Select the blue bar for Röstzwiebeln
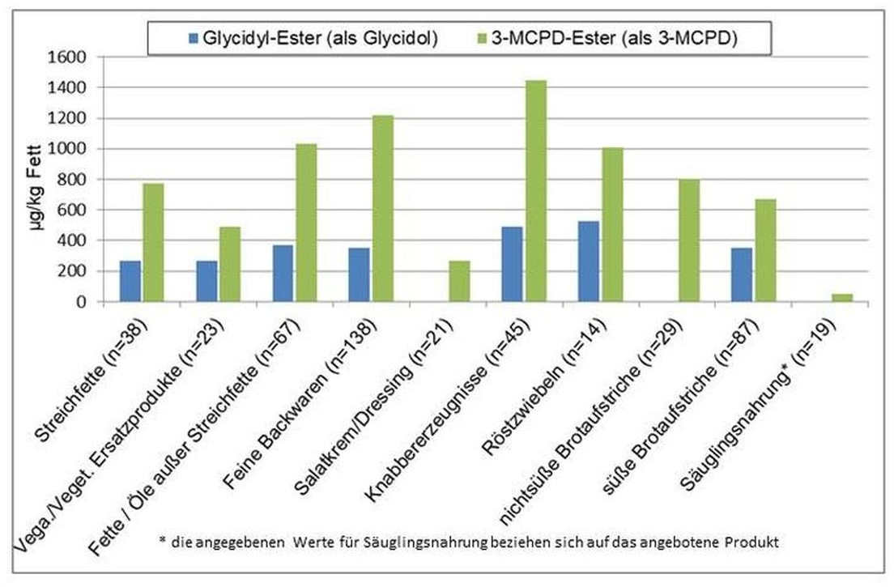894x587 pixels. (589, 262)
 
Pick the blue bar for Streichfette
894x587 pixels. (130, 281)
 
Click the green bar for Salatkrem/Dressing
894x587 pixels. (459, 281)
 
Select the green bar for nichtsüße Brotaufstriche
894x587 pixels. (688, 240)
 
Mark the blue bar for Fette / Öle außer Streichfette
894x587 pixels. (283, 273)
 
